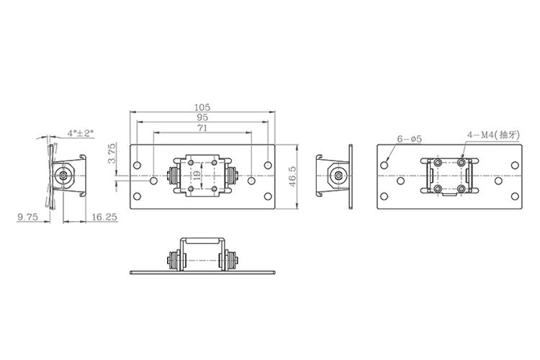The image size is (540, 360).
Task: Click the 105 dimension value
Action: click(x=202, y=107)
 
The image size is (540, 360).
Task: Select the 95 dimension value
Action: click(x=202, y=117)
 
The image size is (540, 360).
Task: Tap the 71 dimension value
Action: click(x=202, y=128)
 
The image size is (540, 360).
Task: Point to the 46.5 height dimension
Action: click(x=292, y=176)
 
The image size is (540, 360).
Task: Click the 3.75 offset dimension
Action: click(x=112, y=153)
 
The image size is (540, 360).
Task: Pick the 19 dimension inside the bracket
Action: click(x=197, y=176)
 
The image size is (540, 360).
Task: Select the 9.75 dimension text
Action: click(x=27, y=217)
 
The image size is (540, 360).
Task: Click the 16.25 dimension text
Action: click(x=104, y=217)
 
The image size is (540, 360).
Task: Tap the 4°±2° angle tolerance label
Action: click(x=81, y=133)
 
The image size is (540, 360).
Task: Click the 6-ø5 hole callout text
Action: click(x=410, y=139)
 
